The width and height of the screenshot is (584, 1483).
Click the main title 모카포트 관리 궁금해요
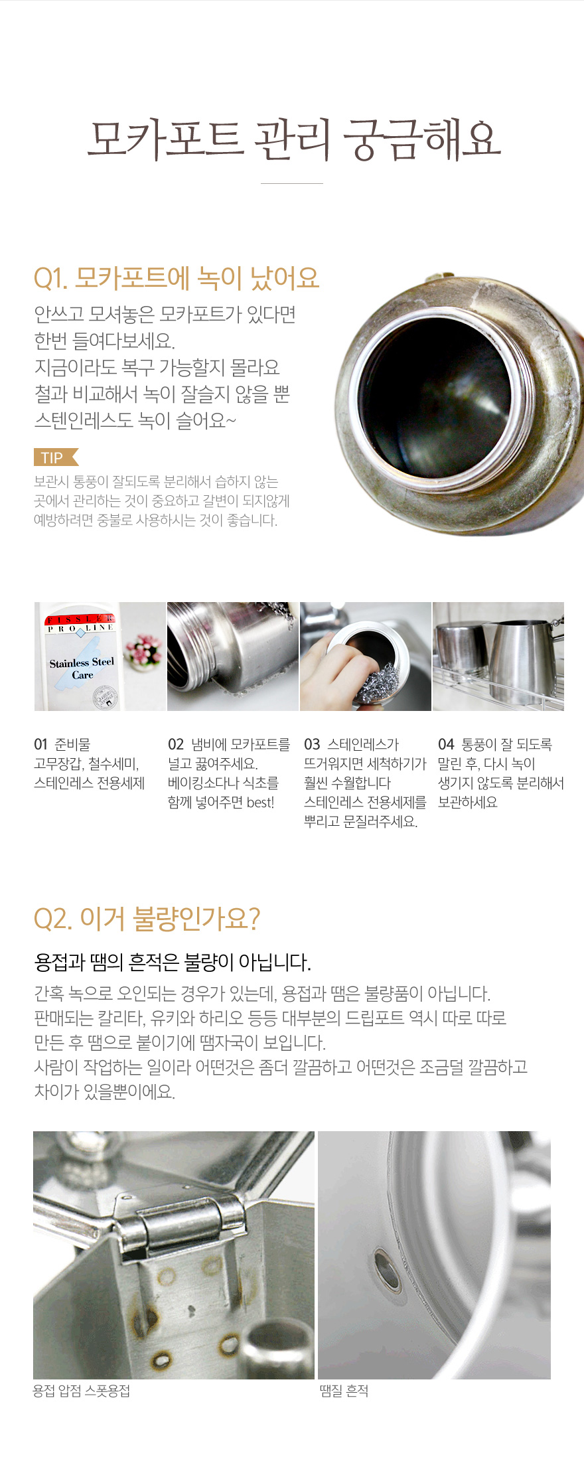pyautogui.click(x=293, y=139)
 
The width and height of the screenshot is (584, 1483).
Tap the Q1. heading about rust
pyautogui.click(x=177, y=278)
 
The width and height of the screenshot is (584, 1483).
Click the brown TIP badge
pyautogui.click(x=56, y=457)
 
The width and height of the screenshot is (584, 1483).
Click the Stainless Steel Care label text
pyautogui.click(x=82, y=668)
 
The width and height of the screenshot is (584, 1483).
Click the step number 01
pyautogui.click(x=41, y=745)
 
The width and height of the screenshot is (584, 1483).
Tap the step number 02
pyautogui.click(x=176, y=745)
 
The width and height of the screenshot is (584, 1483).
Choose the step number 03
pyautogui.click(x=312, y=745)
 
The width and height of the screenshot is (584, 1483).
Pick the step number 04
pyautogui.click(x=446, y=745)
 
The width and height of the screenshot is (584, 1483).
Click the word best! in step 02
pyautogui.click(x=260, y=803)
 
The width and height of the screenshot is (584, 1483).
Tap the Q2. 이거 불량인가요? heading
pyautogui.click(x=147, y=919)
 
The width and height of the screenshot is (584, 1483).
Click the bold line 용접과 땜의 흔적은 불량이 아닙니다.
pyautogui.click(x=173, y=962)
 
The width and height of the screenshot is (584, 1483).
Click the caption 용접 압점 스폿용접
pyautogui.click(x=82, y=1391)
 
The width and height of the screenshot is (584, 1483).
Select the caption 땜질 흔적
pyautogui.click(x=344, y=1391)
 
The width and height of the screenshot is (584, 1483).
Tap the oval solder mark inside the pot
pyautogui.click(x=387, y=1269)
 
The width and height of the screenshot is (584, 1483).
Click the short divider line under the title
pyautogui.click(x=292, y=183)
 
